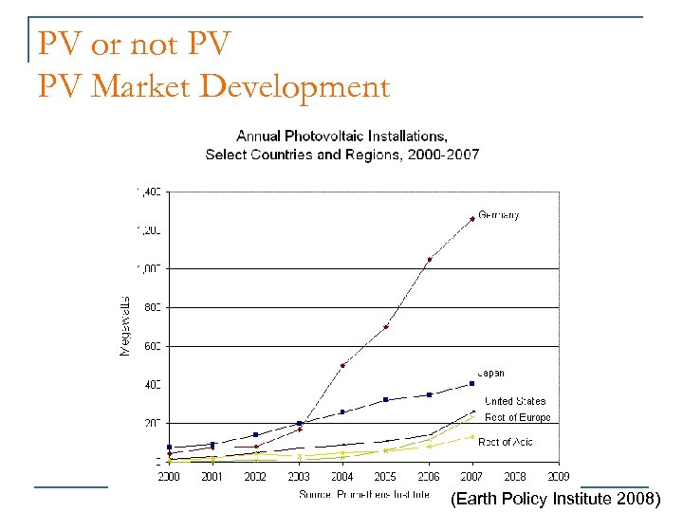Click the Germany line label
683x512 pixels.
(x=498, y=215)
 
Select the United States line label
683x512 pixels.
(x=515, y=401)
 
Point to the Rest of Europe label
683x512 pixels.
(x=517, y=417)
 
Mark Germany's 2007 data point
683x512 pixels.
(x=471, y=219)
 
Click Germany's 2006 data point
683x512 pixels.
(x=429, y=259)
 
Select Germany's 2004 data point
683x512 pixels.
(x=342, y=365)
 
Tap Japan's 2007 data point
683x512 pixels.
(x=471, y=383)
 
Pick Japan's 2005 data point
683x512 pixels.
(x=385, y=399)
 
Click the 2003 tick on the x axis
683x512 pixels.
(x=299, y=477)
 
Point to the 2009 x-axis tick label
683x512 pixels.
(x=558, y=477)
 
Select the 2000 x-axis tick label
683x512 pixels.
(x=169, y=477)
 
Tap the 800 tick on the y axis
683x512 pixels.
(x=151, y=307)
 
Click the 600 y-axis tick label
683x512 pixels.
(x=151, y=346)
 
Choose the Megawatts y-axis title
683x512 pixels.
(x=124, y=326)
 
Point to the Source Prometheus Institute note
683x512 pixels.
(x=364, y=494)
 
